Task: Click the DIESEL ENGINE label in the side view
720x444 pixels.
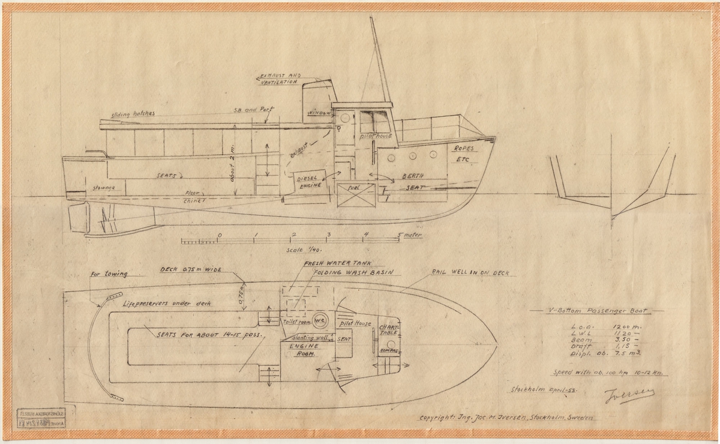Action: [308, 179]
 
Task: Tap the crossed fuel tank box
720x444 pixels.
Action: [356, 195]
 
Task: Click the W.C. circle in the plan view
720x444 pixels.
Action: [319, 319]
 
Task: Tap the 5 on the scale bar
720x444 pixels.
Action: [400, 235]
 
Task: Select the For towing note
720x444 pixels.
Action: [108, 274]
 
